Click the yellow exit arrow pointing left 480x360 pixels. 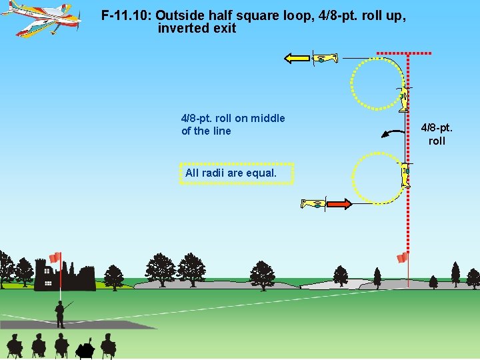click(x=297, y=59)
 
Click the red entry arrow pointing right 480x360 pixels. click(x=339, y=203)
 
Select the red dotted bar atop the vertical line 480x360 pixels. click(x=404, y=53)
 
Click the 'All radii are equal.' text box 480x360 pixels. click(x=236, y=173)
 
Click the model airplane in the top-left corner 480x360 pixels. click(x=41, y=18)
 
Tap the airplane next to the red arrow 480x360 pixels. click(x=313, y=203)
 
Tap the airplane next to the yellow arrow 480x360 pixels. click(x=325, y=59)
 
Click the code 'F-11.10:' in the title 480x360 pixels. click(x=127, y=15)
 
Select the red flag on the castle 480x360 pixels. click(x=55, y=257)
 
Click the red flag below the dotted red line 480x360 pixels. click(x=402, y=257)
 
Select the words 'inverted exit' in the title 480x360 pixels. click(x=197, y=29)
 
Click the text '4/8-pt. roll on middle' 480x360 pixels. click(x=233, y=118)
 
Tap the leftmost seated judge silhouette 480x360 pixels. click(x=15, y=345)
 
